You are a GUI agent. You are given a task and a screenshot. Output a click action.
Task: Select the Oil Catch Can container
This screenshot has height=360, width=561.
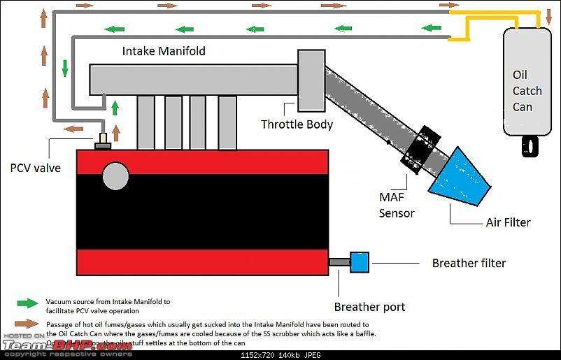point(526,77)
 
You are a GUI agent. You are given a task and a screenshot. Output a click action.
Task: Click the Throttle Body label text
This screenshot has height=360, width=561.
point(297,125)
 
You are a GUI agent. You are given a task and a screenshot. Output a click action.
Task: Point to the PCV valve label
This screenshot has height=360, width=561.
point(35,168)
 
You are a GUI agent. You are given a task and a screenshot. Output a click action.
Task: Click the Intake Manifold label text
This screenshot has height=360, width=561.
point(164,51)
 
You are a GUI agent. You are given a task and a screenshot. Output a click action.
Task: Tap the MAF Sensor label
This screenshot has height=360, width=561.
point(397,206)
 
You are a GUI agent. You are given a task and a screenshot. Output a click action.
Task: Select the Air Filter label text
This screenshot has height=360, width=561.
point(508,222)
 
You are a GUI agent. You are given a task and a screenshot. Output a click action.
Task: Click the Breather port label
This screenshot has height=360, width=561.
point(369,306)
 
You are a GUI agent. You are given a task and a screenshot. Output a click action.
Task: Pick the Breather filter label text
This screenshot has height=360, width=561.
point(469,263)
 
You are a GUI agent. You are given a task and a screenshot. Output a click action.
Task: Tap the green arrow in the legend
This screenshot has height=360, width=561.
point(27,303)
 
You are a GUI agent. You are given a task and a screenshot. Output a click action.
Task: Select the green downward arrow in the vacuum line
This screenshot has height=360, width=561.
point(65,69)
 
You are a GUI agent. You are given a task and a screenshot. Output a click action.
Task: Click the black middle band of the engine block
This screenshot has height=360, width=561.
point(202,211)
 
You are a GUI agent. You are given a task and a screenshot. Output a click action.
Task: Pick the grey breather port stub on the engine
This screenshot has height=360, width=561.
point(339,262)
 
